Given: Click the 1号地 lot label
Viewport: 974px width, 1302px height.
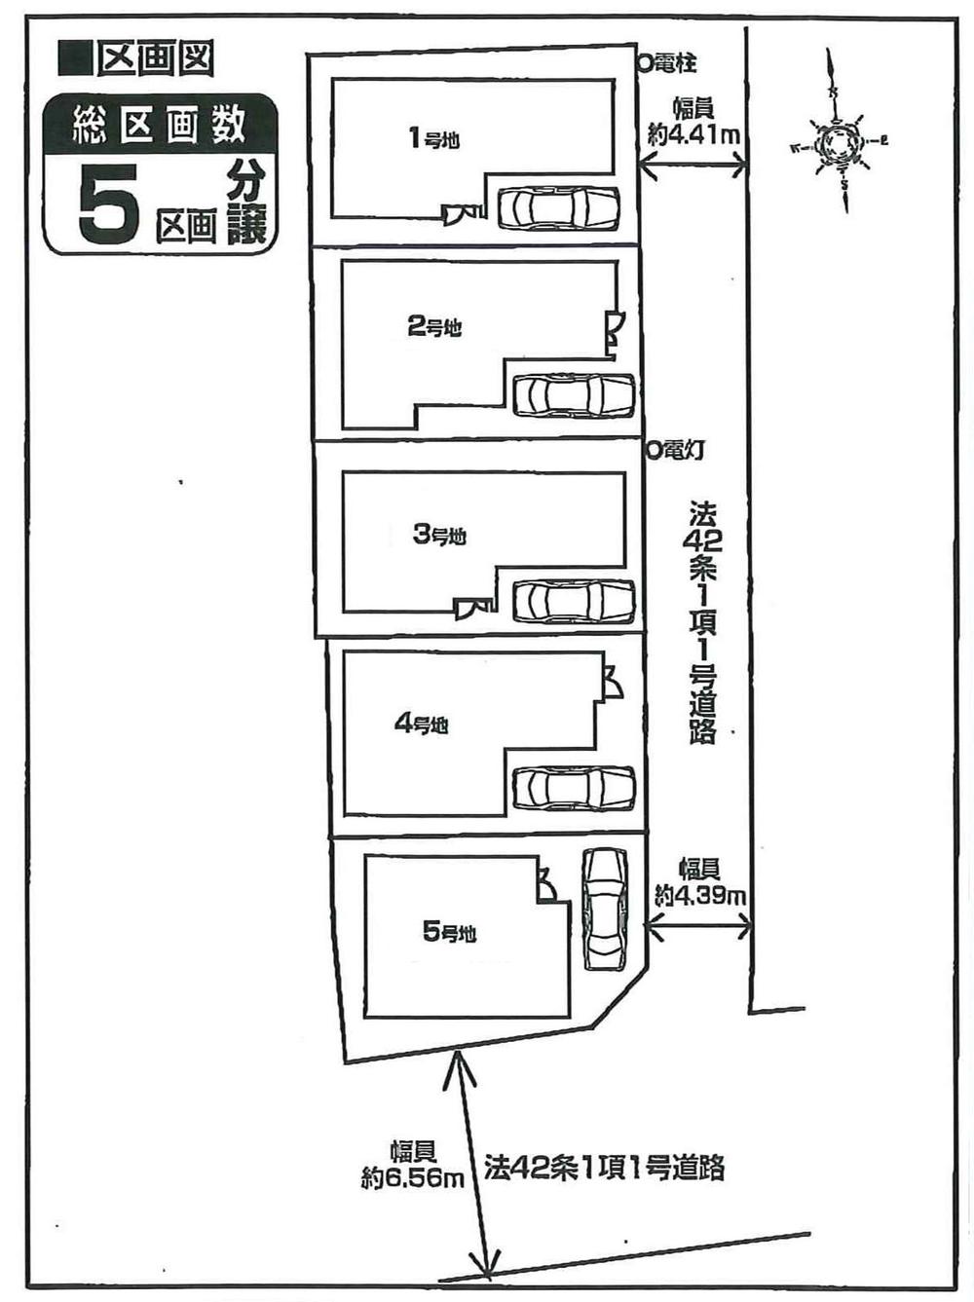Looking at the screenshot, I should click(x=433, y=139).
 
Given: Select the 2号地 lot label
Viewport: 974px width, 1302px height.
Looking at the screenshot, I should click(x=433, y=327).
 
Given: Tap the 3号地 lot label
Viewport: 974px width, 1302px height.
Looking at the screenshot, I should click(x=439, y=535).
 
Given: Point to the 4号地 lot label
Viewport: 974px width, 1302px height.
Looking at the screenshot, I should click(x=421, y=724).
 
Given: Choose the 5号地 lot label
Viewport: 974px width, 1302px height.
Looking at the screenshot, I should click(x=449, y=932).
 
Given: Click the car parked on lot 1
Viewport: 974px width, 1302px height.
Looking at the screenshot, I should click(x=558, y=207).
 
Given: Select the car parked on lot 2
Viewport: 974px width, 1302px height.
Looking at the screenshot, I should click(x=574, y=395).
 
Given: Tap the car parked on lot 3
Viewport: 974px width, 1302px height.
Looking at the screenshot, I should click(x=574, y=601).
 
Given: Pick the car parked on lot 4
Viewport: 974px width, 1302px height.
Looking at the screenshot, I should click(x=574, y=788).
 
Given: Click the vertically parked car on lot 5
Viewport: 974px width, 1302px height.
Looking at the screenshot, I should click(x=604, y=909).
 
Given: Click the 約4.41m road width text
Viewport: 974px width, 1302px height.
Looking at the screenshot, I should click(x=693, y=134).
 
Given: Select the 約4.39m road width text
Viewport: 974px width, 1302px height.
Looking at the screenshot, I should click(x=700, y=894).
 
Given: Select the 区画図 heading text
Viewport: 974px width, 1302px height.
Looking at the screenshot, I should click(x=154, y=60).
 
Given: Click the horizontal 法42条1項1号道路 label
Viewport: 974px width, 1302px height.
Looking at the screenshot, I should click(x=604, y=1167).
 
